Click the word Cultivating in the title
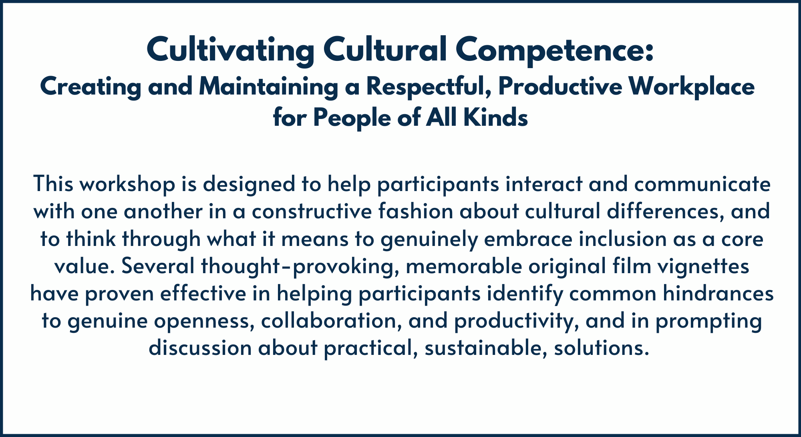(230, 50)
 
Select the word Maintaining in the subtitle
(268, 87)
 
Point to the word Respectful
(429, 87)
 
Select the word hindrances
(718, 294)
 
